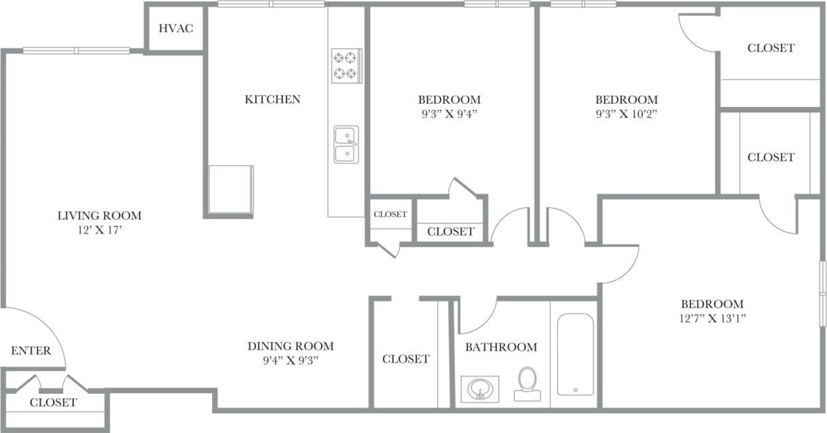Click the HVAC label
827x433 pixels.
click(x=176, y=29)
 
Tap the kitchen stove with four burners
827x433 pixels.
click(x=346, y=65)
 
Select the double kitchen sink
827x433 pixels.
click(x=346, y=145)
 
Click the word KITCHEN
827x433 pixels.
click(x=273, y=100)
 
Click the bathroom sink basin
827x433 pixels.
click(x=479, y=389)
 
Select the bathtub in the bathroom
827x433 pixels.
click(x=575, y=355)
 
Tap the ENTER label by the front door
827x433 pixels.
click(x=31, y=351)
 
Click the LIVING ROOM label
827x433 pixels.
click(x=99, y=216)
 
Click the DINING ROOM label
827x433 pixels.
click(x=291, y=346)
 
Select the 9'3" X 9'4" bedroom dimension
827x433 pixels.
click(x=449, y=113)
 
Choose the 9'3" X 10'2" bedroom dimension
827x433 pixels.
click(x=626, y=113)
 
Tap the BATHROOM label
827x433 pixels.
click(x=501, y=347)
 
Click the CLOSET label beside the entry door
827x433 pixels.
click(x=53, y=402)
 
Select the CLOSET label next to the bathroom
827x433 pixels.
click(x=406, y=359)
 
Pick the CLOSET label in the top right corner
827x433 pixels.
click(x=770, y=48)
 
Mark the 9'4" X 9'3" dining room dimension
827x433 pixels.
click(x=291, y=361)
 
